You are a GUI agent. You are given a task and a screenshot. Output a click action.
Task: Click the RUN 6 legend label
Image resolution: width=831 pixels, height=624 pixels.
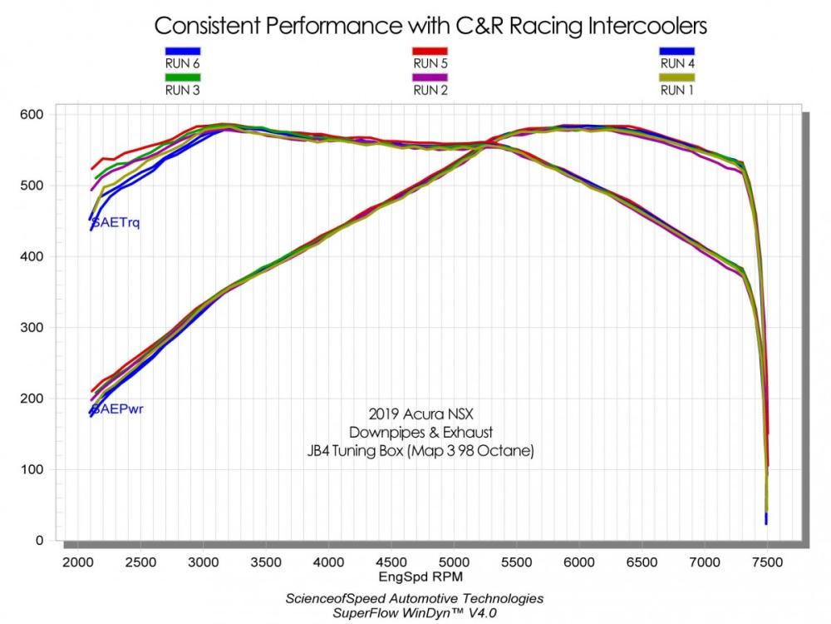click(x=182, y=63)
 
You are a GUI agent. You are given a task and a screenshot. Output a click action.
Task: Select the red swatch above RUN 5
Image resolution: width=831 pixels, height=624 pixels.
click(x=430, y=51)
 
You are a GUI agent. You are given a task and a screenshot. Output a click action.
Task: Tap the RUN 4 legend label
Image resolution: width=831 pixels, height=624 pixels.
click(x=677, y=63)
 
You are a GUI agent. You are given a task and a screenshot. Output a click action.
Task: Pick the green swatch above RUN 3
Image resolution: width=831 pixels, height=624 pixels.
click(x=182, y=78)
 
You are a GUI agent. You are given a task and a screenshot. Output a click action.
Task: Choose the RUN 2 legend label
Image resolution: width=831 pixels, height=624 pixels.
click(x=430, y=90)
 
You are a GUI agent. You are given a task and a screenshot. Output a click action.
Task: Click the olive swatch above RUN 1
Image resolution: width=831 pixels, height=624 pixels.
click(x=677, y=78)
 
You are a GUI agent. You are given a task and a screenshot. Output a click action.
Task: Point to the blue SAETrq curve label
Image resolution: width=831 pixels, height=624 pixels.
click(x=116, y=222)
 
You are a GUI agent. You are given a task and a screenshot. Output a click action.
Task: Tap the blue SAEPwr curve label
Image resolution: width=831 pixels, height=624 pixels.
click(x=116, y=409)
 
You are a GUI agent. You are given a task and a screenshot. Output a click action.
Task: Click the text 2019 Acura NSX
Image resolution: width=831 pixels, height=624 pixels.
click(x=420, y=414)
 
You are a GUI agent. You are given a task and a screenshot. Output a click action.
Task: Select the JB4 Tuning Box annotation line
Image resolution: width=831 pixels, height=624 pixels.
click(x=420, y=452)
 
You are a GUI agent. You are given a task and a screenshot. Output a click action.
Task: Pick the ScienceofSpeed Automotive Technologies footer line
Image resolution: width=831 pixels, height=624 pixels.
click(x=415, y=598)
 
